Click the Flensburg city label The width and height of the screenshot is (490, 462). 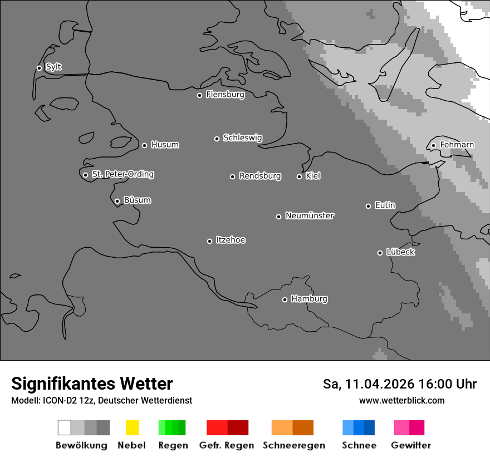(x=225, y=95)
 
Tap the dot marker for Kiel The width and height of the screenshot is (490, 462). (x=299, y=176)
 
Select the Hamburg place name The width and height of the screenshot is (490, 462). (x=309, y=299)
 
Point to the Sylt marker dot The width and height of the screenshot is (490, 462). (x=39, y=68)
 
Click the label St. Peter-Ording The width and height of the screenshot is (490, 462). (x=122, y=174)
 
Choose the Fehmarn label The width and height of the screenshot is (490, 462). (x=457, y=145)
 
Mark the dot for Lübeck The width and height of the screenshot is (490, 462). (x=380, y=253)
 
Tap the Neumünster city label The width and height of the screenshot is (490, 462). (x=310, y=215)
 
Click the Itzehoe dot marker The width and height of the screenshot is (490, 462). (x=209, y=241)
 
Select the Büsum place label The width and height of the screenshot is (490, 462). (x=137, y=200)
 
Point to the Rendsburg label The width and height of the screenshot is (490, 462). (x=260, y=176)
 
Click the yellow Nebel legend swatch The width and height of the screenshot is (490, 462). (x=132, y=427)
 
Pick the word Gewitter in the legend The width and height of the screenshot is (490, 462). (x=411, y=445)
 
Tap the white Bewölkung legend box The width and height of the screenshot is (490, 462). (x=65, y=427)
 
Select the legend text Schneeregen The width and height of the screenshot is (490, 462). (x=294, y=445)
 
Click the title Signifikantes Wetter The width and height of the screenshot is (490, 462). (x=92, y=384)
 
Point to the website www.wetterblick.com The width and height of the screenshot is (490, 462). (x=401, y=400)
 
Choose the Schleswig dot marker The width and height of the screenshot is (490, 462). (x=217, y=139)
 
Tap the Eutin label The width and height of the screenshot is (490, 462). (x=385, y=205)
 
